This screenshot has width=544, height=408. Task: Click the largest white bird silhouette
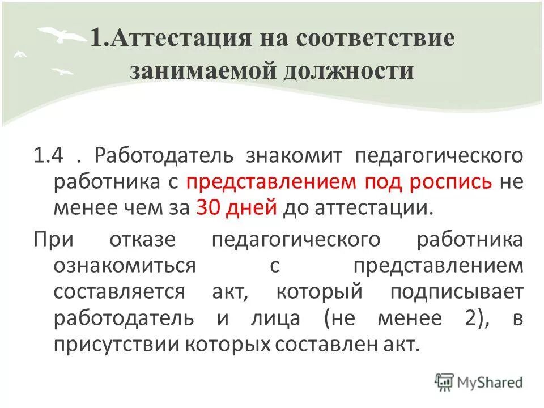click(x=62, y=35)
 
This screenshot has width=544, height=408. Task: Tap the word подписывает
click(x=456, y=292)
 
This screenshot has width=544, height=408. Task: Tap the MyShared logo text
click(x=491, y=382)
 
